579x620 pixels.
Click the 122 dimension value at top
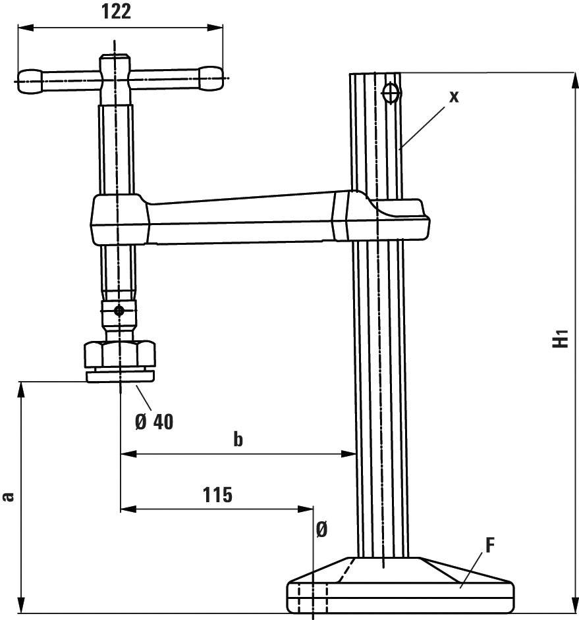click(117, 12)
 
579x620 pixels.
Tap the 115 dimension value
click(217, 494)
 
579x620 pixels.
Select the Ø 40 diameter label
click(154, 422)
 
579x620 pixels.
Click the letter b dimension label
click(238, 440)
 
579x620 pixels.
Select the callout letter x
click(453, 95)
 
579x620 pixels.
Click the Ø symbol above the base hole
click(321, 530)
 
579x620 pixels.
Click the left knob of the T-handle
click(30, 80)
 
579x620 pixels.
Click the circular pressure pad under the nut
click(119, 376)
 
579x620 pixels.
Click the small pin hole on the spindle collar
click(119, 311)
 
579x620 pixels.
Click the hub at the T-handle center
click(116, 73)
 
